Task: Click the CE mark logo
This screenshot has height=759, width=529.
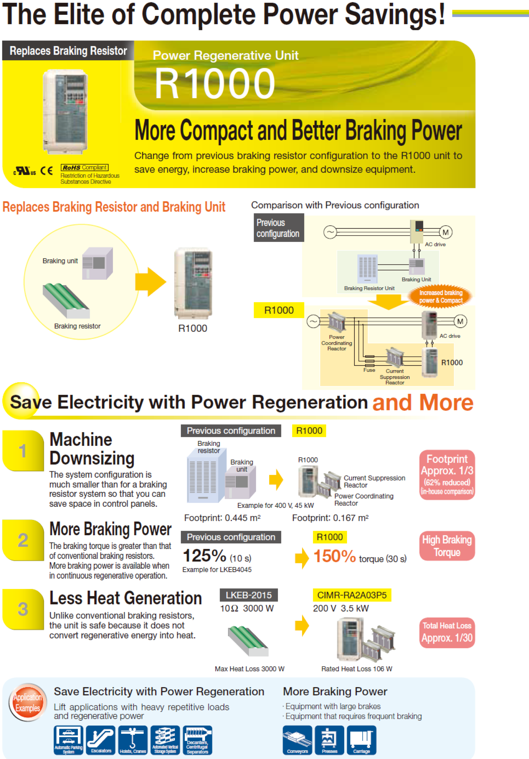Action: tap(46, 171)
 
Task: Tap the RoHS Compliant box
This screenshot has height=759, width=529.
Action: tap(84, 168)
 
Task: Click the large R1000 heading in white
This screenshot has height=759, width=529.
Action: tap(215, 83)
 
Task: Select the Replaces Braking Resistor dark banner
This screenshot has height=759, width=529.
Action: tap(68, 51)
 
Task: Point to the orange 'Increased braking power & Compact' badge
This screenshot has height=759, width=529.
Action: tap(441, 296)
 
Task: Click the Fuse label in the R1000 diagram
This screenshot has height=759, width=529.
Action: tap(369, 370)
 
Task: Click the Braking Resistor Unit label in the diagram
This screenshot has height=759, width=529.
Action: tap(369, 288)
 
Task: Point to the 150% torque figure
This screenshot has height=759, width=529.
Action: tap(335, 556)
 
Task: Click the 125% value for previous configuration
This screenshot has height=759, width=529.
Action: tap(204, 556)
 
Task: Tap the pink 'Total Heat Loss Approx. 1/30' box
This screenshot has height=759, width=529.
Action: tap(447, 632)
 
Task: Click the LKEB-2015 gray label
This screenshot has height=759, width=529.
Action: tap(248, 595)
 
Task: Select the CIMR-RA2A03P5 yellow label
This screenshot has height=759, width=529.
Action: tap(352, 595)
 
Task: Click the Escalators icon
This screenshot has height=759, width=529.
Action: tap(101, 740)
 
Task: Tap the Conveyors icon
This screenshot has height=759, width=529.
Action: tap(297, 740)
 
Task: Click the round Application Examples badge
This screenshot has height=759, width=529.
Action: tap(28, 702)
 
